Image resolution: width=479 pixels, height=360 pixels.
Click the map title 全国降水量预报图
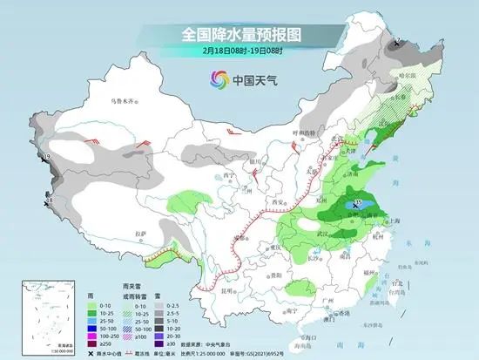click(x=239, y=34)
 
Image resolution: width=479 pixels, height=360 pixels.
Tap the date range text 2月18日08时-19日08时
click(x=239, y=51)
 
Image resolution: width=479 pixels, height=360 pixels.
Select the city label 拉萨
click(x=141, y=234)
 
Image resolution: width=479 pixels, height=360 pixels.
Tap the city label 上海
click(x=392, y=221)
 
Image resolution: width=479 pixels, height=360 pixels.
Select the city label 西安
click(x=280, y=202)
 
